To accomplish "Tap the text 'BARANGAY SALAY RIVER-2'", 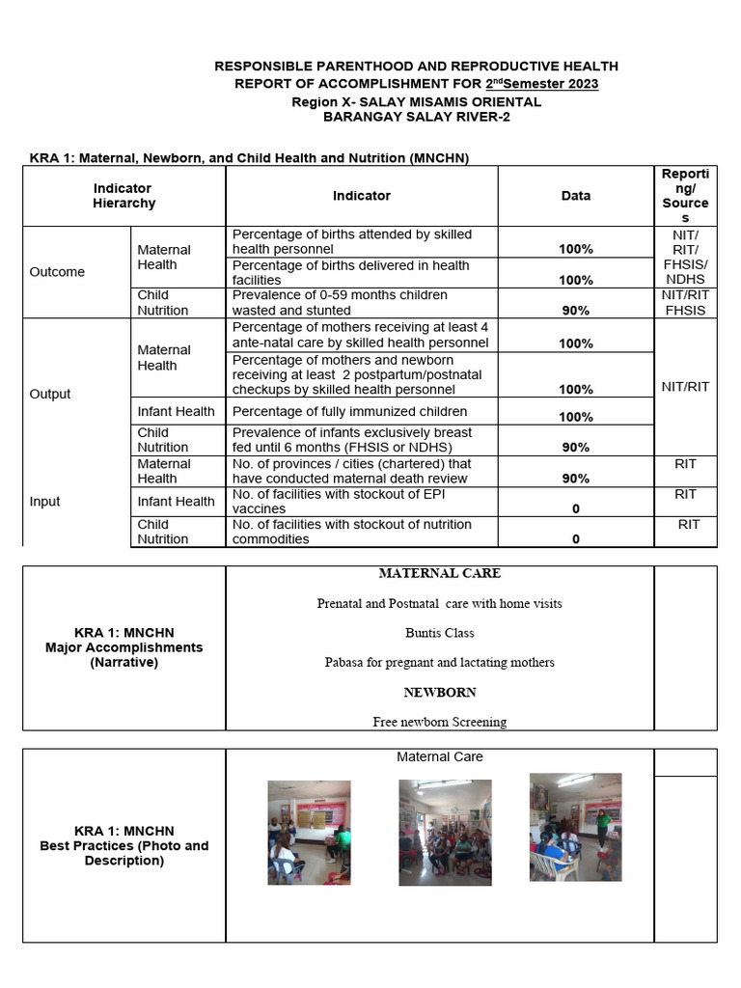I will coord(416,118).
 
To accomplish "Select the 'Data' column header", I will coord(576,196).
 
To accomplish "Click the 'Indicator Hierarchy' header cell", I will coord(123,196).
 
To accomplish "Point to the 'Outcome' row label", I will coord(57,272).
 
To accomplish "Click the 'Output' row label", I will coord(50,394).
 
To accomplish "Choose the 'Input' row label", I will coord(44,502).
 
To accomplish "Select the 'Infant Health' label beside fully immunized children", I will coord(176,412).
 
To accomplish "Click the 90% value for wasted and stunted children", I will coord(576,311).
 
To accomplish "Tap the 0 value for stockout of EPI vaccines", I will coord(576,508).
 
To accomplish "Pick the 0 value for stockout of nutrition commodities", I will coord(576,539).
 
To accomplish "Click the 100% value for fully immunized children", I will coord(576,417).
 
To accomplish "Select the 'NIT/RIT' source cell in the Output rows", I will coord(685,387).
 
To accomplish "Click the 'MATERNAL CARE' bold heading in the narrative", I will coord(439,573).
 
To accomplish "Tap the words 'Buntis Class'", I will coord(439,634).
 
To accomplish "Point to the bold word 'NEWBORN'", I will coord(439,693).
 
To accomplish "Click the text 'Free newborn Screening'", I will coord(439,722).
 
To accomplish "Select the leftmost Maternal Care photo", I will coord(309,833).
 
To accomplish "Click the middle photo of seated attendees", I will coord(445,833).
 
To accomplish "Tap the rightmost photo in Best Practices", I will coord(575,827).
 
